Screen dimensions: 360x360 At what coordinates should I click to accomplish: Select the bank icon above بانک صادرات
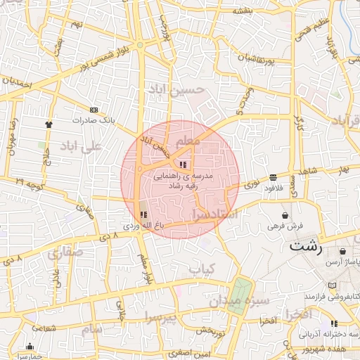[94, 110]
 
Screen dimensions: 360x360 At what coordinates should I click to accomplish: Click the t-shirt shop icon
[48, 124]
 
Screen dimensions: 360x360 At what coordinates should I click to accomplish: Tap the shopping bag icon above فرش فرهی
[285, 215]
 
